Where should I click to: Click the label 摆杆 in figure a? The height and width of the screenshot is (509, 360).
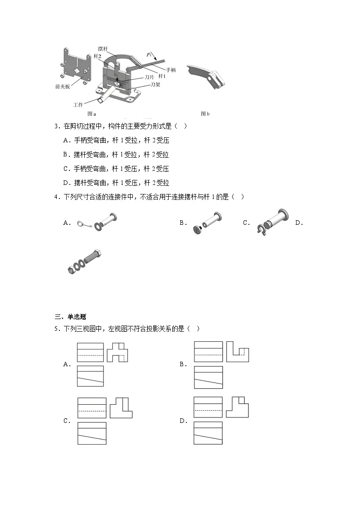tap(102, 48)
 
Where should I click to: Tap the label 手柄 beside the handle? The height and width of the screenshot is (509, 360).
tap(171, 70)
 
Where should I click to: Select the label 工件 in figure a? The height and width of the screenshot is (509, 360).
tap(79, 104)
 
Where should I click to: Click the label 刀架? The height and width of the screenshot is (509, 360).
tap(156, 84)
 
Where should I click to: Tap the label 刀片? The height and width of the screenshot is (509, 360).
tap(150, 78)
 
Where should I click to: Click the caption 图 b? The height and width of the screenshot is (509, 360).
tap(205, 114)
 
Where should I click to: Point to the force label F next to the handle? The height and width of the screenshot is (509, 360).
tap(148, 55)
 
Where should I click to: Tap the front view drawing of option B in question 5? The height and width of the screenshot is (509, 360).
tap(209, 352)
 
